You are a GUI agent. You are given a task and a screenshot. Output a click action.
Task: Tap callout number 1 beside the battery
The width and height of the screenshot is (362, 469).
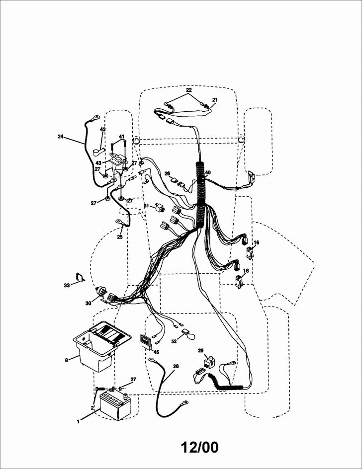point(78,422)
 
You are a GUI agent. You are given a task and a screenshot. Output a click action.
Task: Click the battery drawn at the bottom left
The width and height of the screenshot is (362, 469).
point(115,405)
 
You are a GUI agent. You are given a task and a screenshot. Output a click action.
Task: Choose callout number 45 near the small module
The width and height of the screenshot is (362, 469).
point(156,352)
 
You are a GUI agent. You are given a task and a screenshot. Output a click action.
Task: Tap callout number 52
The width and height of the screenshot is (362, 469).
point(174,341)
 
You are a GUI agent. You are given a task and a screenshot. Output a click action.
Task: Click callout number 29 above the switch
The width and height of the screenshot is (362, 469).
point(200,351)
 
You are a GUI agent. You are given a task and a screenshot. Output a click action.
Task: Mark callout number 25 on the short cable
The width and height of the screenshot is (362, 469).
point(119,237)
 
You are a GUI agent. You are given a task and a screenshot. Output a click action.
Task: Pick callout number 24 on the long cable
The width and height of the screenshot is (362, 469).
point(61,136)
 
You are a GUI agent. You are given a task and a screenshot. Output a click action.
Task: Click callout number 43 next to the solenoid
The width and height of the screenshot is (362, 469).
point(99,162)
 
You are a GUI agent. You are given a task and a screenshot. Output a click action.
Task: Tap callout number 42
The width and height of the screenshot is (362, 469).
point(103,130)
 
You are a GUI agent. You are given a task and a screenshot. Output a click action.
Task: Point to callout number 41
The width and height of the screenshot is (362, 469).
point(121,137)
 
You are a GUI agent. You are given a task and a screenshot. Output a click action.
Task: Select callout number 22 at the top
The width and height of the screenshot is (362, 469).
point(188,90)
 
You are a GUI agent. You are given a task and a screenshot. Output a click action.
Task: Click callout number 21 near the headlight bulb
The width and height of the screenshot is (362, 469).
point(215,100)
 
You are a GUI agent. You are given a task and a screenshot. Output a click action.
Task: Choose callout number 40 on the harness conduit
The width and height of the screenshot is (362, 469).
point(208,173)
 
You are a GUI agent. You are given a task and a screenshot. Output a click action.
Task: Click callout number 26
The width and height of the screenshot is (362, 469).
point(168,173)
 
